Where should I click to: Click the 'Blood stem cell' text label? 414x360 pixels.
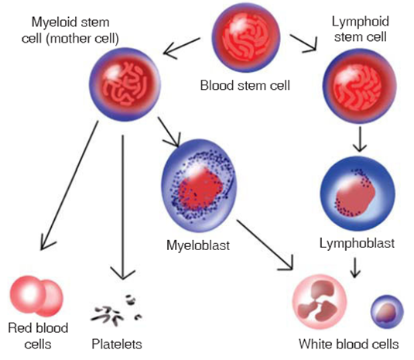tap(245, 84)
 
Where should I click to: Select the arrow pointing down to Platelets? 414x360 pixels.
tap(121, 209)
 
